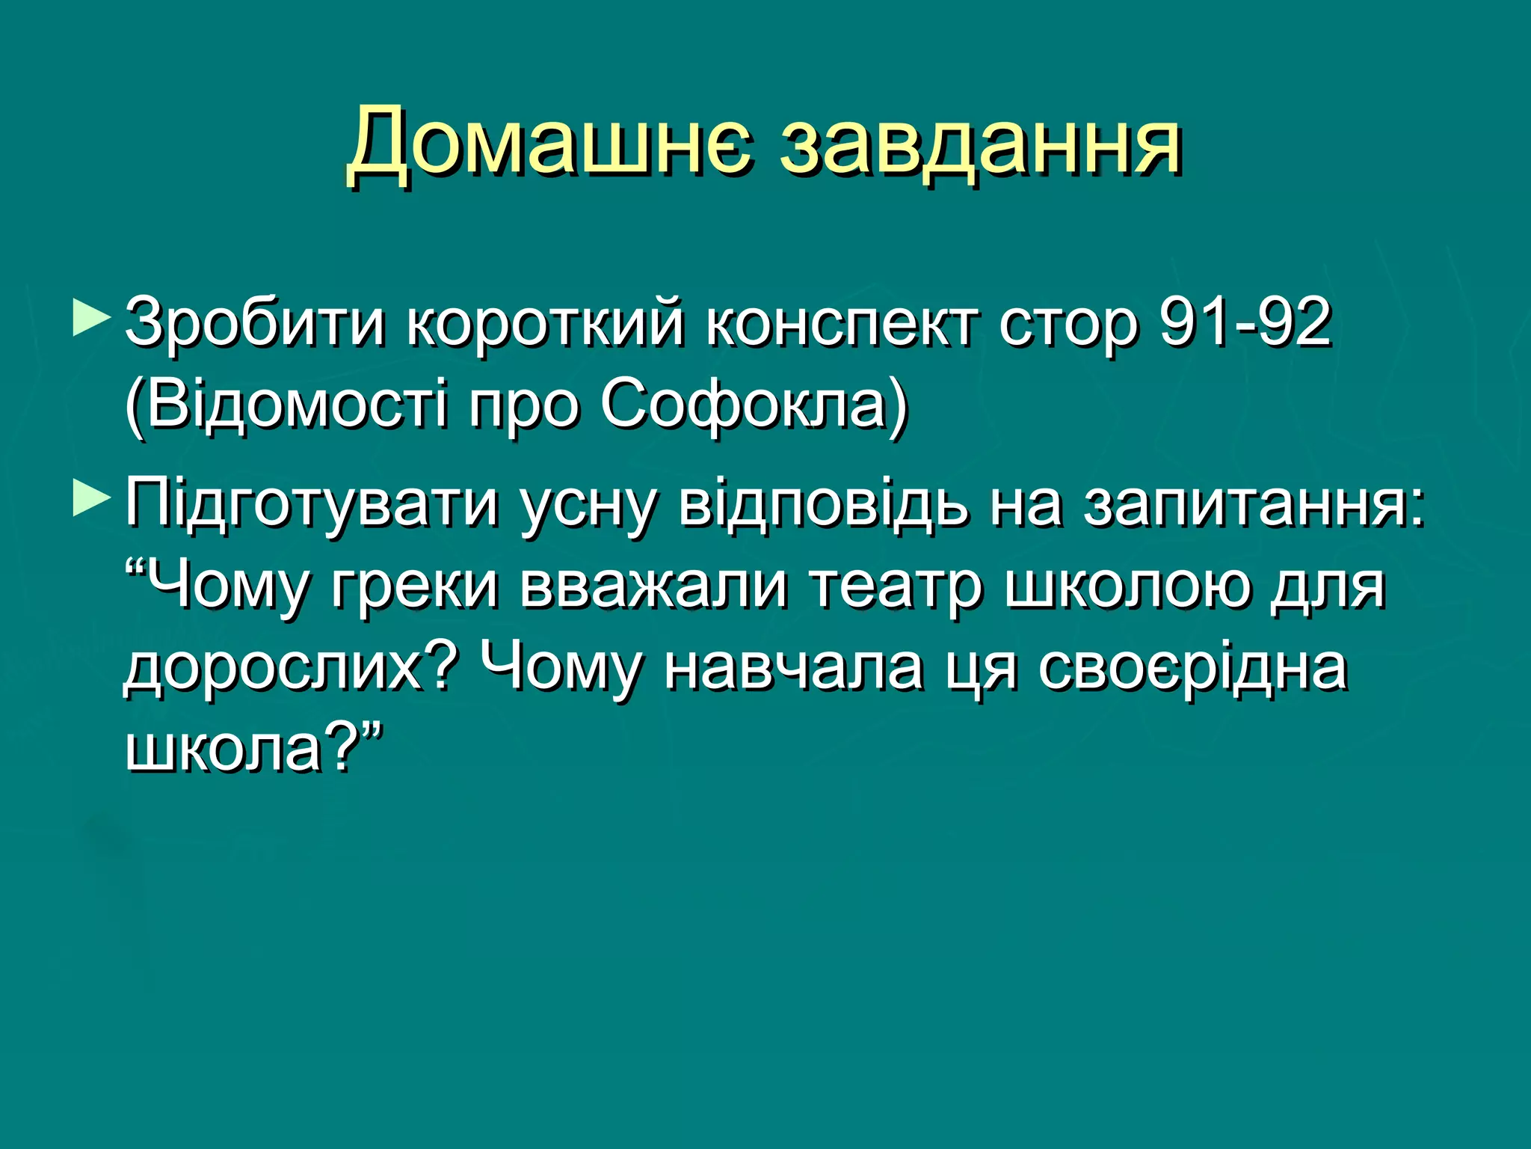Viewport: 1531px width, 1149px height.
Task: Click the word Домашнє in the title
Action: coord(549,142)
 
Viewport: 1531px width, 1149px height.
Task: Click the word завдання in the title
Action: coord(980,142)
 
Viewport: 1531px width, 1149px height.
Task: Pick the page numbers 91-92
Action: coord(1245,322)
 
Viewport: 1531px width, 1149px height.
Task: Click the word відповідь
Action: coord(822,503)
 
